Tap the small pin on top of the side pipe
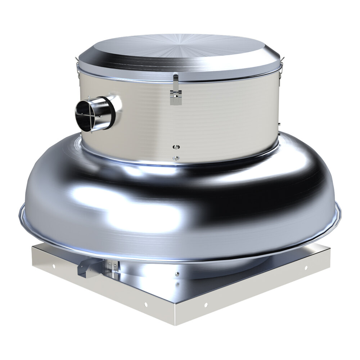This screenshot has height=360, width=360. pos(89,97)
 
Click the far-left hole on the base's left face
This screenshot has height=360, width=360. pos(53,267)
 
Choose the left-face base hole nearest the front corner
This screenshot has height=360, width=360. pos(145,305)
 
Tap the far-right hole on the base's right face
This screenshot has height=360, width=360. pos(306,268)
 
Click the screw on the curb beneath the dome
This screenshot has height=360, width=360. pos(177,274)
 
